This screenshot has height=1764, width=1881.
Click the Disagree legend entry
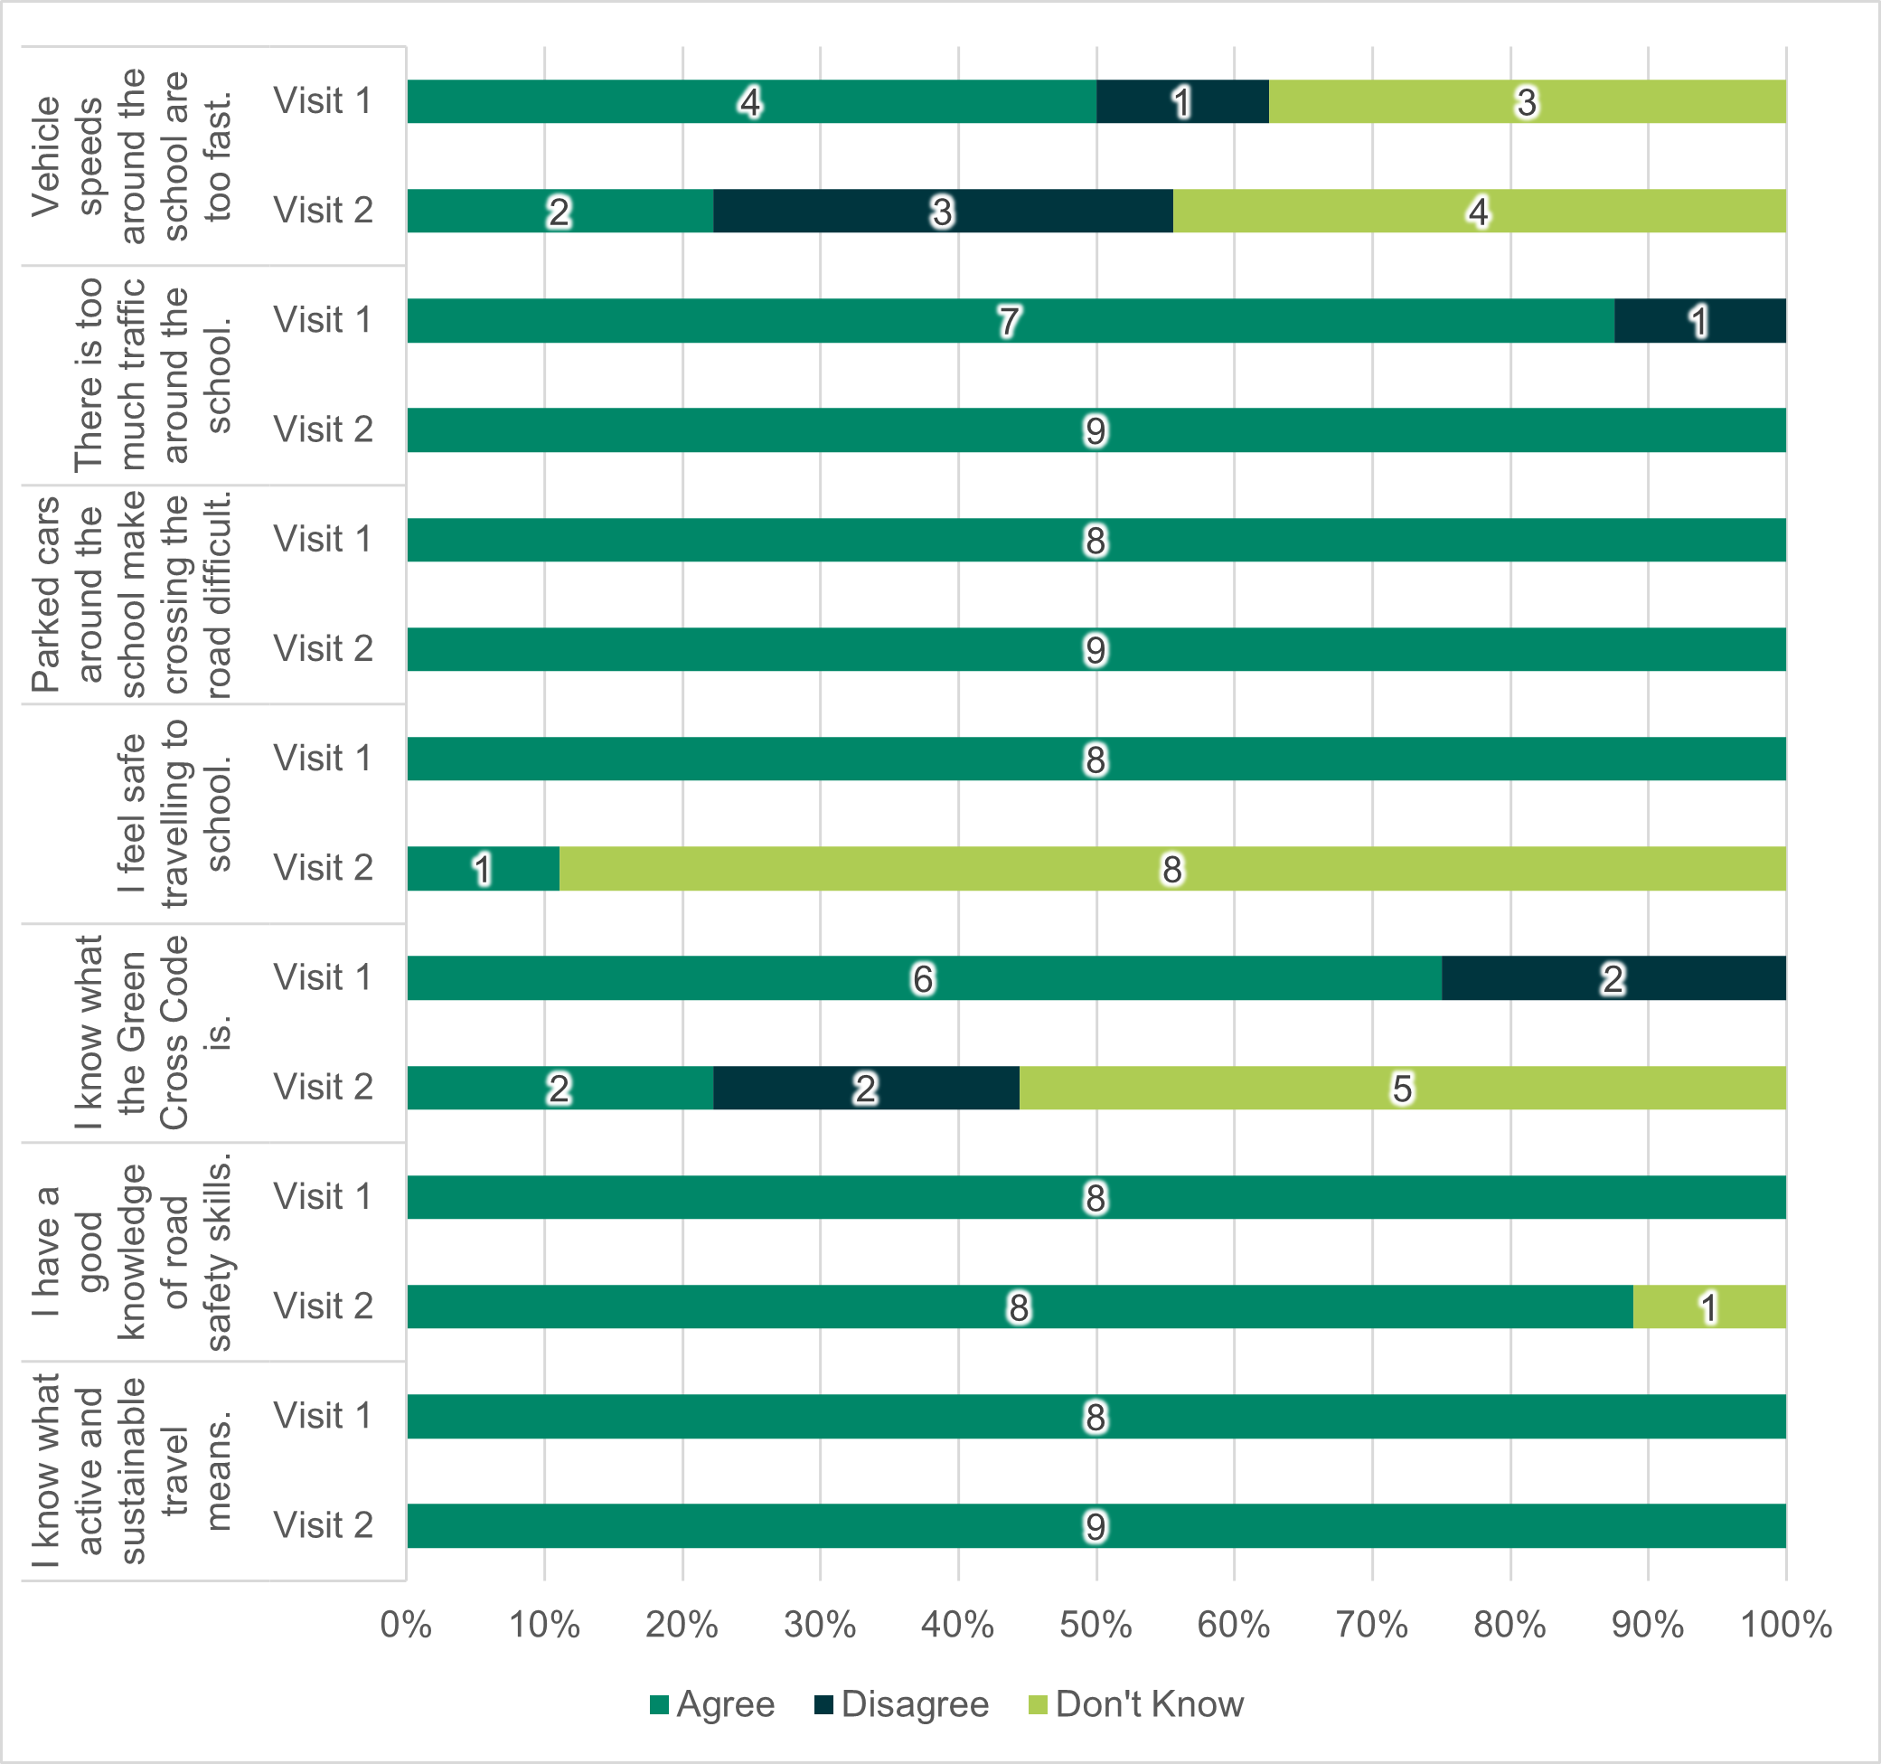coord(901,1703)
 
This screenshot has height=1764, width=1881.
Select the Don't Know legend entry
coord(1135,1703)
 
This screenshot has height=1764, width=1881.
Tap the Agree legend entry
coord(712,1703)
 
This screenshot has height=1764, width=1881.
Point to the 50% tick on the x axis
coord(1096,1624)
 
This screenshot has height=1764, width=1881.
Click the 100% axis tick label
coord(1785,1624)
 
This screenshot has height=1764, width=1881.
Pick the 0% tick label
coord(406,1624)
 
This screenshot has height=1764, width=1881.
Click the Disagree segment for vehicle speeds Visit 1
coord(1181,101)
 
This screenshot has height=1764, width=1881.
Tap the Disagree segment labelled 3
coord(943,211)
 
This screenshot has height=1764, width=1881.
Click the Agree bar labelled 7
coord(1010,321)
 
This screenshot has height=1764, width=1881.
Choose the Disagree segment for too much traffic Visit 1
coord(1699,321)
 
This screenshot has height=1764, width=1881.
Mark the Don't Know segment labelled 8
coord(1171,869)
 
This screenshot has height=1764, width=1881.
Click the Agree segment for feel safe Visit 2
coord(483,869)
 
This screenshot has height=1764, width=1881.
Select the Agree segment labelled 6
coord(924,977)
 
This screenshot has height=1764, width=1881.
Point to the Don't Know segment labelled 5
coord(1402,1088)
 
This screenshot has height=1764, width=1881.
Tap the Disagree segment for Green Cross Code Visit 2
coord(866,1088)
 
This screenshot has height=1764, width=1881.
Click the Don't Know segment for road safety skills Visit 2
coord(1708,1306)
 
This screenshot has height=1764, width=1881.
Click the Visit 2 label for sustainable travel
coord(323,1524)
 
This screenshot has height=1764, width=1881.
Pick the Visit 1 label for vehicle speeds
coord(323,100)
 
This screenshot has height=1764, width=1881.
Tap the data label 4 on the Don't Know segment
coord(1479,211)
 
